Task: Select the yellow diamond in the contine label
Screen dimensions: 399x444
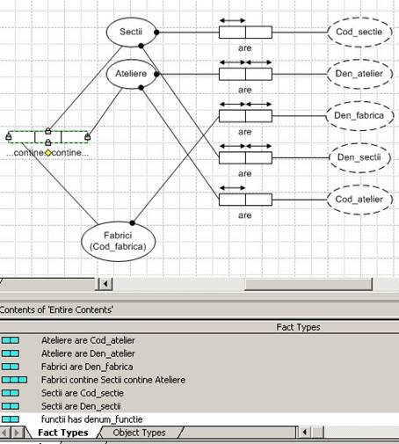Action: click(x=47, y=153)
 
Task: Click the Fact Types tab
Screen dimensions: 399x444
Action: click(x=63, y=433)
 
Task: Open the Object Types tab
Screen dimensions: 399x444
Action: click(x=140, y=433)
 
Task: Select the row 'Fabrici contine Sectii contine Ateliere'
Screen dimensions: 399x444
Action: click(x=113, y=380)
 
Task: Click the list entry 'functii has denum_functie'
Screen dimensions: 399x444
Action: click(x=92, y=419)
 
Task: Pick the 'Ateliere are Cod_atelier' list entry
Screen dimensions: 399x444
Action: click(x=88, y=340)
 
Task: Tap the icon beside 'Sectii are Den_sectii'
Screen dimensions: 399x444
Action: click(x=11, y=406)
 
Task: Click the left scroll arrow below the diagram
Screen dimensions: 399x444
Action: click(x=105, y=284)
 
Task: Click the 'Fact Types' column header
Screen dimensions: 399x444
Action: click(x=298, y=327)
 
